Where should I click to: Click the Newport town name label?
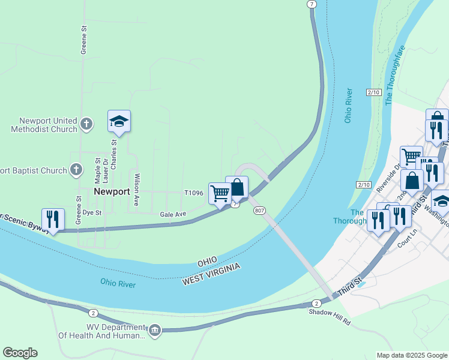click(112, 191)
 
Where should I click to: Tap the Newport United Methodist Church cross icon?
click(86, 124)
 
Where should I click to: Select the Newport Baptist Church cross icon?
click(76, 170)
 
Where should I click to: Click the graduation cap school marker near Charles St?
click(119, 122)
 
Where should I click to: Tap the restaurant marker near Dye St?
click(53, 220)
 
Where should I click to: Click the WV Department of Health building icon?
click(155, 331)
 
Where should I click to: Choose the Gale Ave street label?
click(173, 214)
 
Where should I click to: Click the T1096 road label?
click(194, 193)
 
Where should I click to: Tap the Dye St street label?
click(92, 212)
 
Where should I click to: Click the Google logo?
click(20, 353)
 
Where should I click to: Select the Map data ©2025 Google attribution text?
click(411, 355)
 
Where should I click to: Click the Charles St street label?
click(113, 154)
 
